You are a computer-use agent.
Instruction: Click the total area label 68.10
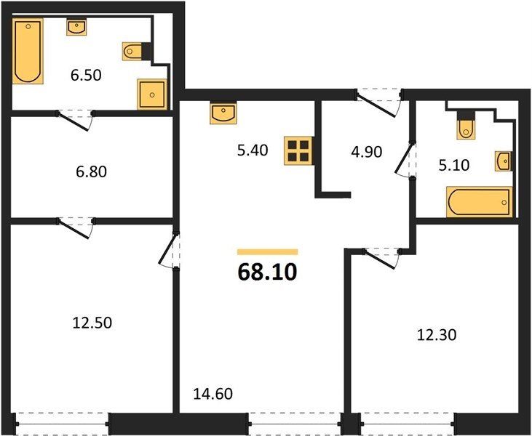[267, 272]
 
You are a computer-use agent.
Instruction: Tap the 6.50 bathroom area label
[86, 75]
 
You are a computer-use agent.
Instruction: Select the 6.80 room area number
[91, 171]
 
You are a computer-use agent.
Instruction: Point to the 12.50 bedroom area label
[92, 323]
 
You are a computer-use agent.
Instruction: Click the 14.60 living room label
[213, 394]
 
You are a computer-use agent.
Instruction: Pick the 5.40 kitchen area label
[253, 150]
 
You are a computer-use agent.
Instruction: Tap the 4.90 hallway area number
[367, 152]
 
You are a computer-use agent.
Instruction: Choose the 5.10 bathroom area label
[454, 166]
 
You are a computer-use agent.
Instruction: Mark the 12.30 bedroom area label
[437, 335]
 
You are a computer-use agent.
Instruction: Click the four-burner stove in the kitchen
[298, 150]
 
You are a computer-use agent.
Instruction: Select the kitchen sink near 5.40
[223, 113]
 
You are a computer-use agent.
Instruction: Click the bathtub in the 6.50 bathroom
[28, 51]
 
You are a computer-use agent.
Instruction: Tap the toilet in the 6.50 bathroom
[132, 52]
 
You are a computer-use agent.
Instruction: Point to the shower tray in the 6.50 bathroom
[152, 94]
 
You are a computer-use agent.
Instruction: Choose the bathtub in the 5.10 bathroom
[479, 202]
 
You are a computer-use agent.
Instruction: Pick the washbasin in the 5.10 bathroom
[504, 161]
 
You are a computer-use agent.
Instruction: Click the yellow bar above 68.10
[267, 251]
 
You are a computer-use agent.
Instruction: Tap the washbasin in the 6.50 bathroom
[76, 27]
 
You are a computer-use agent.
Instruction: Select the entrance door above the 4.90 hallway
[378, 102]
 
